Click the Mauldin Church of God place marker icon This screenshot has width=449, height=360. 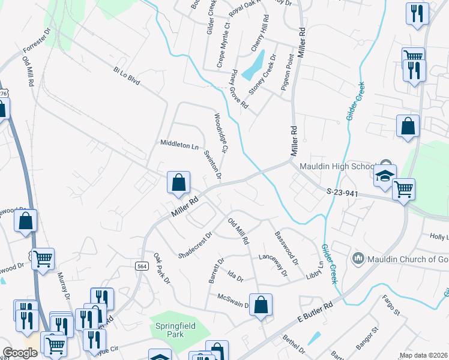coord(358,259)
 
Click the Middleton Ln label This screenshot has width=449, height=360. coord(179,145)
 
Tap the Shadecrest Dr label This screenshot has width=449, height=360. coord(196,245)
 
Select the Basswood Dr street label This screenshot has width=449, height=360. coord(286,248)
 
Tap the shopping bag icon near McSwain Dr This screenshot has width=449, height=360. coord(261,304)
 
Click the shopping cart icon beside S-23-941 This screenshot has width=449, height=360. coord(403,189)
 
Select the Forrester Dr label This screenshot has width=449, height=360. coord(38,41)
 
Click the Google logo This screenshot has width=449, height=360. coord(20,353)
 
